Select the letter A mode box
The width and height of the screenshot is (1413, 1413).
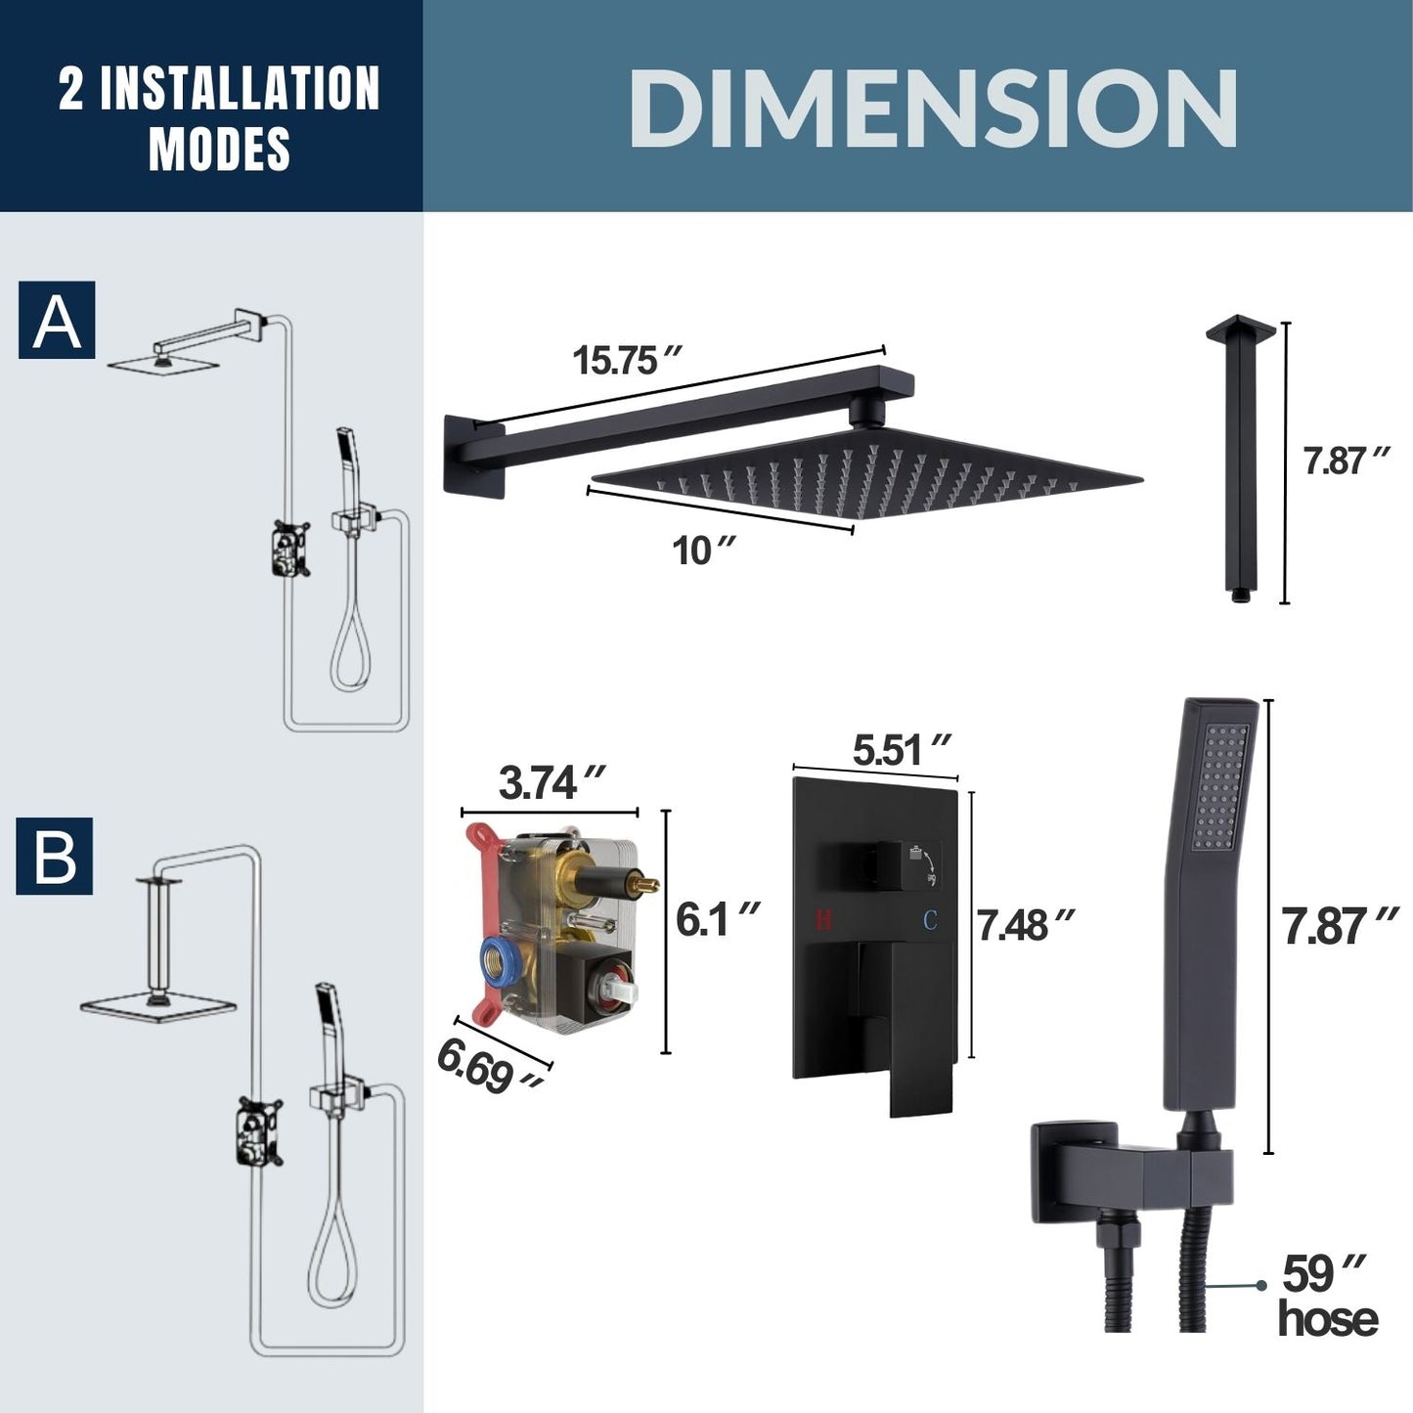tap(57, 320)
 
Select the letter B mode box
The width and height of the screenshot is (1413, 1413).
tap(55, 857)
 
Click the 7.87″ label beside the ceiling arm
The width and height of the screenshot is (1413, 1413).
tap(1346, 461)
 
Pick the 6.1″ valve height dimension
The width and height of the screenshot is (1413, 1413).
tap(717, 919)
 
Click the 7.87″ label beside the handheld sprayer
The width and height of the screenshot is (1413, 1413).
tap(1340, 925)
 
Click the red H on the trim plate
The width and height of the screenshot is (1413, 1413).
tap(823, 920)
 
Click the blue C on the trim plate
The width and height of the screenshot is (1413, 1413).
tap(930, 920)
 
